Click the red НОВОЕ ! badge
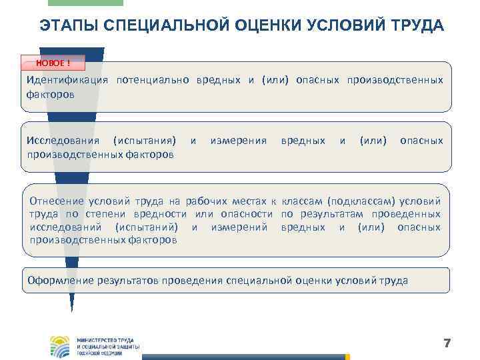[x=53, y=63]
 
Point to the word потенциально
[x=153, y=80]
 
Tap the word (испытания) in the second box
[x=145, y=141]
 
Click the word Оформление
[x=60, y=281]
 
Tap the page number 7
[x=447, y=343]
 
